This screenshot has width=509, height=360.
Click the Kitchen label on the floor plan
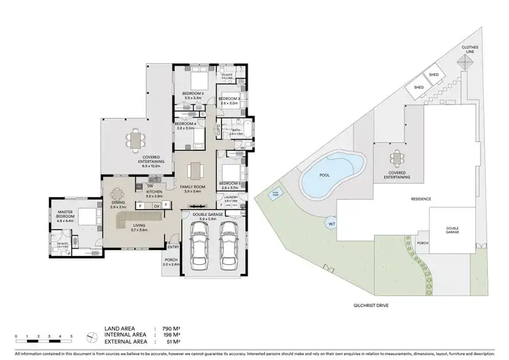(154, 194)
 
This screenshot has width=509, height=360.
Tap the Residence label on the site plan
(421, 198)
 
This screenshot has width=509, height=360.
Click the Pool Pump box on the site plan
(276, 193)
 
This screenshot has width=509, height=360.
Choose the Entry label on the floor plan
(173, 247)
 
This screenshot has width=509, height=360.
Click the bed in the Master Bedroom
(86, 217)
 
